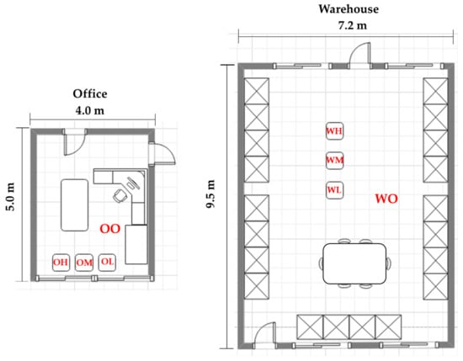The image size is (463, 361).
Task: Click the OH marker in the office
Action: [61, 263]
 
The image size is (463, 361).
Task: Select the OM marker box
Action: [84, 263]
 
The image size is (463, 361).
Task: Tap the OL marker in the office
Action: [107, 262]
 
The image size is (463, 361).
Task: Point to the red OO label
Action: [110, 229]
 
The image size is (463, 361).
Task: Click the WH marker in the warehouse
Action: [334, 130]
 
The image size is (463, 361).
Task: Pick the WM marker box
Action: [334, 160]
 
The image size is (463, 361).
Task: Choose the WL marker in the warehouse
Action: [334, 190]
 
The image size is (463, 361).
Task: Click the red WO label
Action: [386, 199]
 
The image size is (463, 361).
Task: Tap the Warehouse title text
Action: [349, 9]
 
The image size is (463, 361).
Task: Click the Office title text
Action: [90, 93]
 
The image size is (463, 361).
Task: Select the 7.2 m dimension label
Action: [353, 25]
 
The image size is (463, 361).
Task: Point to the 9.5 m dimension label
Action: [210, 194]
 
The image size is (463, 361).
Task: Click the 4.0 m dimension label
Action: [90, 111]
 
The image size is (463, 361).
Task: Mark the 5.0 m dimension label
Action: [10, 197]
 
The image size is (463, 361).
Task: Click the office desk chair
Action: [120, 196]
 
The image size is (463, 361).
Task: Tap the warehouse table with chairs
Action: [354, 263]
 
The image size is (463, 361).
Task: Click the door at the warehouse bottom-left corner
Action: [265, 334]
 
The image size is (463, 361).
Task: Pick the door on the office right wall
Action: [162, 153]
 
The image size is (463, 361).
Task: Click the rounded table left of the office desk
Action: [75, 204]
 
